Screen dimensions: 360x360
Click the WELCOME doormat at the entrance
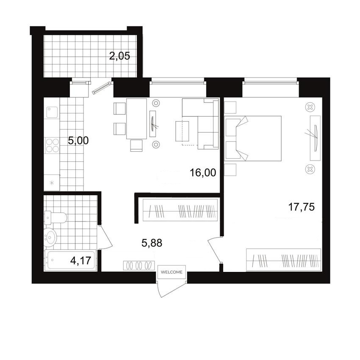click(x=172, y=272)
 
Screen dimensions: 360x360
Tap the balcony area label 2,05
click(x=119, y=56)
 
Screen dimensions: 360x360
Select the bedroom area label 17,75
click(x=301, y=207)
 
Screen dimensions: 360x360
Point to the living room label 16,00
click(x=203, y=172)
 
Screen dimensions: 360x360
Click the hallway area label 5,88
click(x=152, y=243)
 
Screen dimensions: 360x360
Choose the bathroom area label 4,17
click(x=80, y=260)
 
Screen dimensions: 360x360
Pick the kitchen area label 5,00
click(x=78, y=140)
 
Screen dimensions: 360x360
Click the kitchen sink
click(x=52, y=112)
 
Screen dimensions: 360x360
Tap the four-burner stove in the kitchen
click(x=53, y=146)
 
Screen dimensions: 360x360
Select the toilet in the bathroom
click(x=56, y=218)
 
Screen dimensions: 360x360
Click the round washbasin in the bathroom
click(x=50, y=236)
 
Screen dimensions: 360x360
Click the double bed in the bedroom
click(x=253, y=138)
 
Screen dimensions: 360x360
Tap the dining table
click(x=136, y=119)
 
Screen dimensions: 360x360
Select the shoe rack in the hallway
click(x=139, y=266)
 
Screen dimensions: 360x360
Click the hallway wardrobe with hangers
click(x=180, y=210)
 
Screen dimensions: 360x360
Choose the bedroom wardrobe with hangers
click(x=283, y=260)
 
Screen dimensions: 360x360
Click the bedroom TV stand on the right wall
click(x=315, y=138)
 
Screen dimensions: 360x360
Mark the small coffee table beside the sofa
click(x=182, y=131)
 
